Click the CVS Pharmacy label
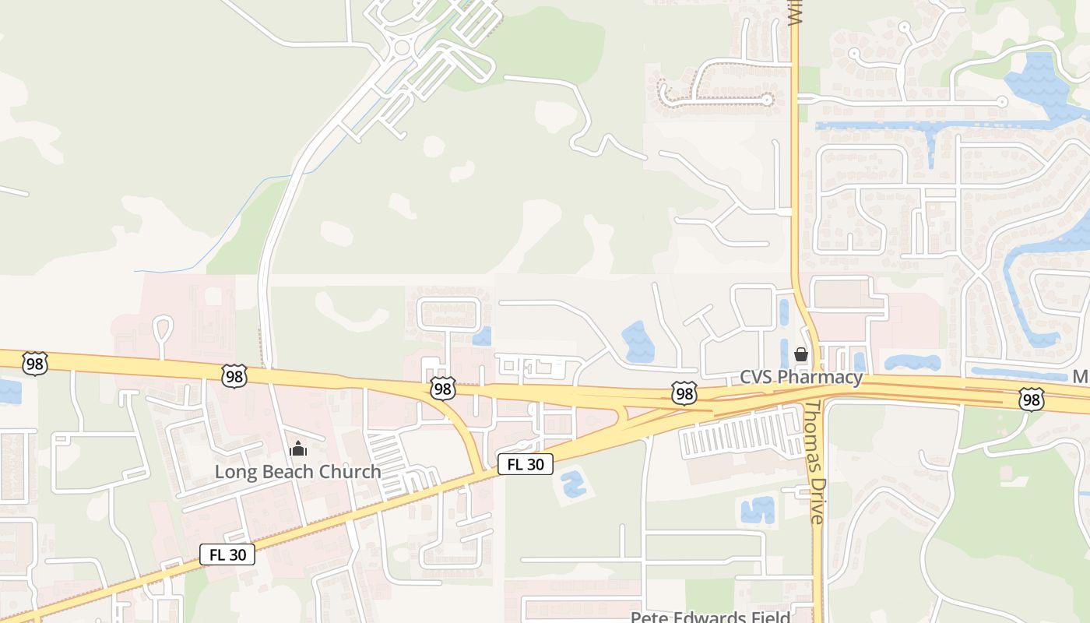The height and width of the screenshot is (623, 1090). [x=801, y=378]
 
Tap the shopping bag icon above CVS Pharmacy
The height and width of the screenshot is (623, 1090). [x=801, y=355]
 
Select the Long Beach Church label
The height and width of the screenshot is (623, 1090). [x=297, y=472]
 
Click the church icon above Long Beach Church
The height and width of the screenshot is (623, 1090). [x=297, y=449]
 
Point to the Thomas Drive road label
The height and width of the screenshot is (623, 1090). [x=814, y=463]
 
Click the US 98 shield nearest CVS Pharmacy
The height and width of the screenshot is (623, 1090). [x=684, y=394]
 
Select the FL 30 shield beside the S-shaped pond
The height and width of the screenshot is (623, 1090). [x=526, y=465]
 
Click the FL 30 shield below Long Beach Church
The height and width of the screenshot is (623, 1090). [x=227, y=554]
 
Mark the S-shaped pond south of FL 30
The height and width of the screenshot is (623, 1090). [x=572, y=484]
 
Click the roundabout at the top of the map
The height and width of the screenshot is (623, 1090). [x=403, y=48]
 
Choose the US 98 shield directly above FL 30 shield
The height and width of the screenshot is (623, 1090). [x=442, y=388]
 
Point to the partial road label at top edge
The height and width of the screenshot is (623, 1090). [x=794, y=13]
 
